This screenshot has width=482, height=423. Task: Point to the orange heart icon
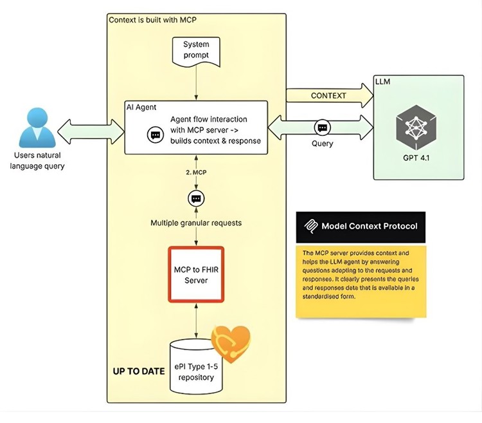click(x=231, y=341)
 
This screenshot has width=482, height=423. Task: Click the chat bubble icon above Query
click(x=322, y=127)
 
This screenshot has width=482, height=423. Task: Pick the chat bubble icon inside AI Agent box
click(x=155, y=135)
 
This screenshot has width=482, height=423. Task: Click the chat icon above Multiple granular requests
click(x=197, y=198)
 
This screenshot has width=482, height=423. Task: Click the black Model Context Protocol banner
click(x=360, y=226)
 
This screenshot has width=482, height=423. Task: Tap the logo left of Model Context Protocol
click(x=312, y=226)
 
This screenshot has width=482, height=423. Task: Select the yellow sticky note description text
click(x=360, y=274)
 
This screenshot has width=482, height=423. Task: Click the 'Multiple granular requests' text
click(x=197, y=223)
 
